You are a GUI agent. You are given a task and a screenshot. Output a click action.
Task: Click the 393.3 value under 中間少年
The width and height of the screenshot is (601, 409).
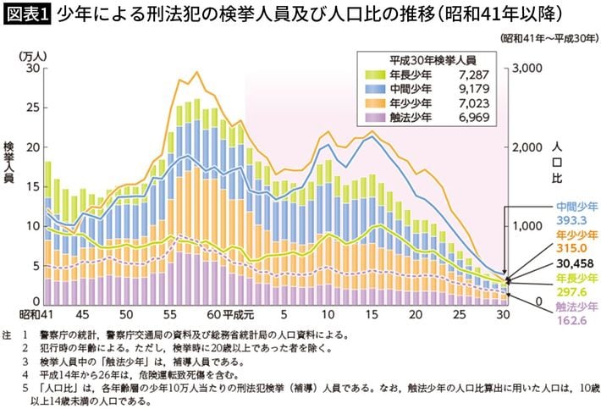point(572,219)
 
